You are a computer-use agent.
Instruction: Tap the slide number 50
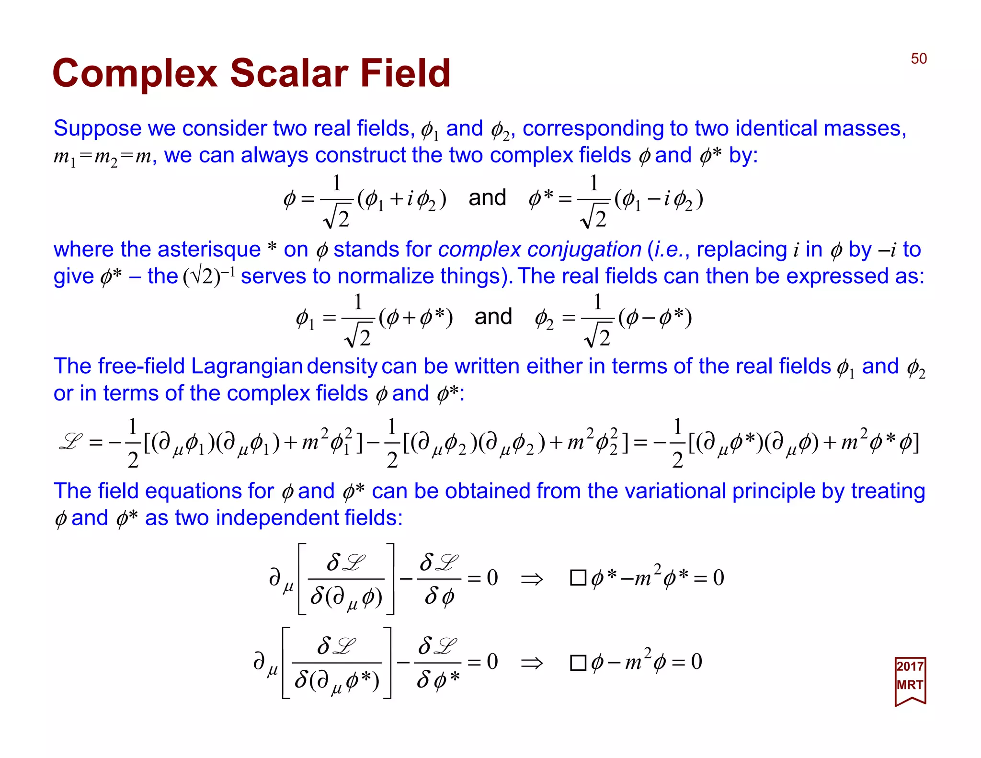click(918, 58)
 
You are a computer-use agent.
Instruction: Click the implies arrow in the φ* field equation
click(532, 579)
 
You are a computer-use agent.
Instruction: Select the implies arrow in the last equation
click(532, 663)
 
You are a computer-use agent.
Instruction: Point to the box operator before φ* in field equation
click(578, 578)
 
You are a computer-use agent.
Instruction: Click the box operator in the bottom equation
click(578, 663)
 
